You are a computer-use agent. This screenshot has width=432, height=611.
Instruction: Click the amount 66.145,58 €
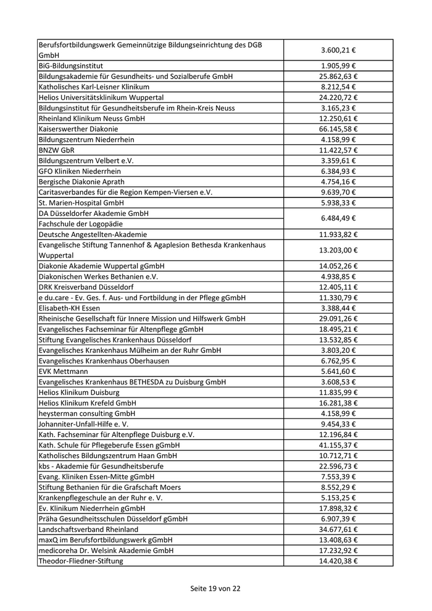pyautogui.click(x=338, y=129)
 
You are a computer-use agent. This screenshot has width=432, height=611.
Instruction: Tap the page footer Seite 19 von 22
pyautogui.click(x=215, y=588)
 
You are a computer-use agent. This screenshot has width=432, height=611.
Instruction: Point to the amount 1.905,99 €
pyautogui.click(x=338, y=65)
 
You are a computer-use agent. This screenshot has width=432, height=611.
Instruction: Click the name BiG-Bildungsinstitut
pyautogui.click(x=70, y=65)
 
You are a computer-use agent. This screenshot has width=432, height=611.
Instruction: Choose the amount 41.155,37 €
pyautogui.click(x=338, y=445)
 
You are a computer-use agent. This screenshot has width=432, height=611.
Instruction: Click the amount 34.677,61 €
pyautogui.click(x=338, y=530)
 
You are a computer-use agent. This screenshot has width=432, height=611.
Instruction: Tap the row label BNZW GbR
pyautogui.click(x=56, y=150)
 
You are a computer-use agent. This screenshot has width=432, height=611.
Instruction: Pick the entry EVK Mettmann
pyautogui.click(x=63, y=372)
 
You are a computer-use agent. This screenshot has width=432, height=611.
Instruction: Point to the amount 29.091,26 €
pyautogui.click(x=338, y=318)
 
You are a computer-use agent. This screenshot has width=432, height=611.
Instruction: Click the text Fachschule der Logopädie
pyautogui.click(x=80, y=223)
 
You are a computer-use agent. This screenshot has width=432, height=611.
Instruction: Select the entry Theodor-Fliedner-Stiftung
pyautogui.click(x=81, y=561)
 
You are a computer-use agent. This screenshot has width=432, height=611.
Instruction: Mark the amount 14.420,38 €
pyautogui.click(x=338, y=561)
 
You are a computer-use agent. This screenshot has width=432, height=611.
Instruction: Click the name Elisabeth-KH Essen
pyautogui.click(x=69, y=308)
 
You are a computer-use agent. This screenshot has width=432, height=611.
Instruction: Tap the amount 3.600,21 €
pyautogui.click(x=338, y=50)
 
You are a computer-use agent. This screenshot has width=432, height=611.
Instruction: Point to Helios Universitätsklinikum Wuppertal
pyautogui.click(x=101, y=98)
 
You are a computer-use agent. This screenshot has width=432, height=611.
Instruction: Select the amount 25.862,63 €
pyautogui.click(x=338, y=76)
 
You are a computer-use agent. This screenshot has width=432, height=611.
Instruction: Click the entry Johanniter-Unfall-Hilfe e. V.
pyautogui.click(x=85, y=424)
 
